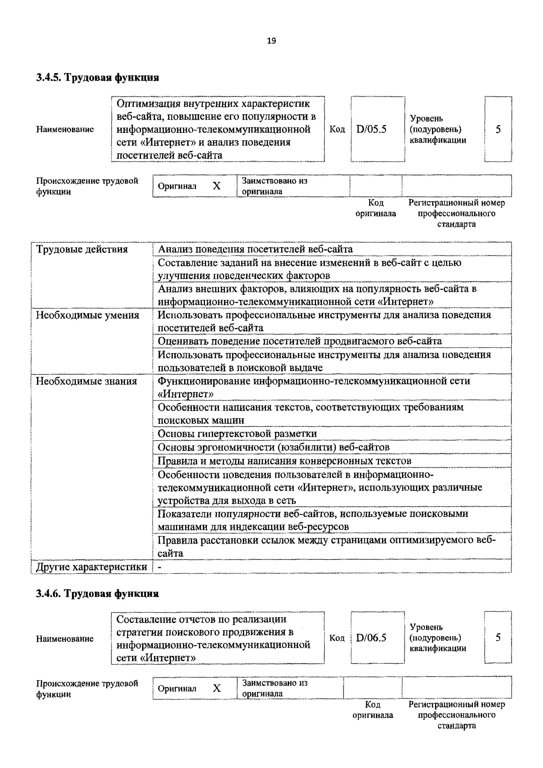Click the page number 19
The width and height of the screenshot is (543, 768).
(x=271, y=41)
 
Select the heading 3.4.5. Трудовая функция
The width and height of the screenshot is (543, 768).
(x=97, y=78)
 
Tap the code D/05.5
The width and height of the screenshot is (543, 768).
(x=371, y=129)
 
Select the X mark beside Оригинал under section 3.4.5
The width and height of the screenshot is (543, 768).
(x=217, y=186)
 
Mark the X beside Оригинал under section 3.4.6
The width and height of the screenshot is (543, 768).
(x=217, y=688)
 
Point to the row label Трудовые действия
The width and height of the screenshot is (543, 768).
(x=82, y=249)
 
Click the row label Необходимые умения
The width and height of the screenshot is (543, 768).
(x=87, y=315)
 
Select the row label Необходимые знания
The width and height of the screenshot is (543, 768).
(x=86, y=381)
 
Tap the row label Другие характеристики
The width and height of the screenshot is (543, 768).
(x=91, y=567)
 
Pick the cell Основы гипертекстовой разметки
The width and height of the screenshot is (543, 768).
(x=237, y=433)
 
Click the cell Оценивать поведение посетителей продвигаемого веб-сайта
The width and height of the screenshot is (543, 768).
(x=300, y=341)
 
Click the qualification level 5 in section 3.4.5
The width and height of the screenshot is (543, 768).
(x=498, y=129)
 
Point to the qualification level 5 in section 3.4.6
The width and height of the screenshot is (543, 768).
(x=498, y=638)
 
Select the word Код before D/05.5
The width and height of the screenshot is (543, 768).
(x=337, y=129)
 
